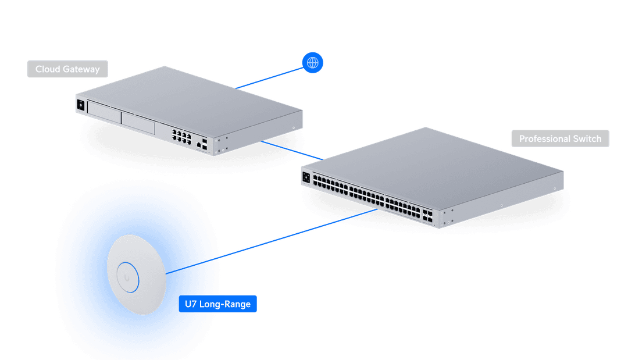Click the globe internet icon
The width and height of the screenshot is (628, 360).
313,62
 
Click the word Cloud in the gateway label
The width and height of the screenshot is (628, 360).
48,69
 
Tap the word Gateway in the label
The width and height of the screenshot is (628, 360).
81,69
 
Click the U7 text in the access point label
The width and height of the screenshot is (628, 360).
190,304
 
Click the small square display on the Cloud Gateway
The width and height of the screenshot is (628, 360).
80,105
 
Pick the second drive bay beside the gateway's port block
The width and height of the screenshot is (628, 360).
138,123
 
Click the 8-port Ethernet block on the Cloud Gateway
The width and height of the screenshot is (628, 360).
181,137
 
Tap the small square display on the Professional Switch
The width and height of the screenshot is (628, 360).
305,176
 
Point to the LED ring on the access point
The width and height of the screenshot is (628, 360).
128,276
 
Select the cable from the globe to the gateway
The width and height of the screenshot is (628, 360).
270,77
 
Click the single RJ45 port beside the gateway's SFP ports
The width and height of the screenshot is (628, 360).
199,143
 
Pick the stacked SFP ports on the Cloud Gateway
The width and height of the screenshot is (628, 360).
206,145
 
